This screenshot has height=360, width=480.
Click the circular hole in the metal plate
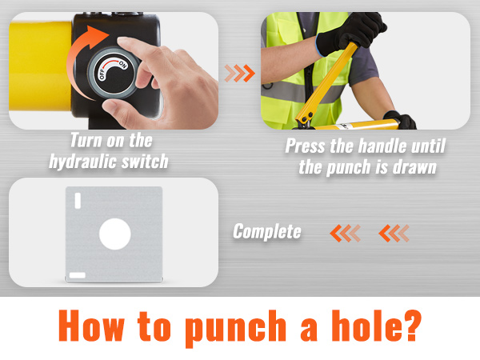click(x=114, y=234)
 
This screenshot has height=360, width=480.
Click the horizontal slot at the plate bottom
click(x=78, y=275)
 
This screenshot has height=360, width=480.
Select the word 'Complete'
click(x=267, y=232)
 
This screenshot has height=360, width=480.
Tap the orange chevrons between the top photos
click(x=239, y=74)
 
